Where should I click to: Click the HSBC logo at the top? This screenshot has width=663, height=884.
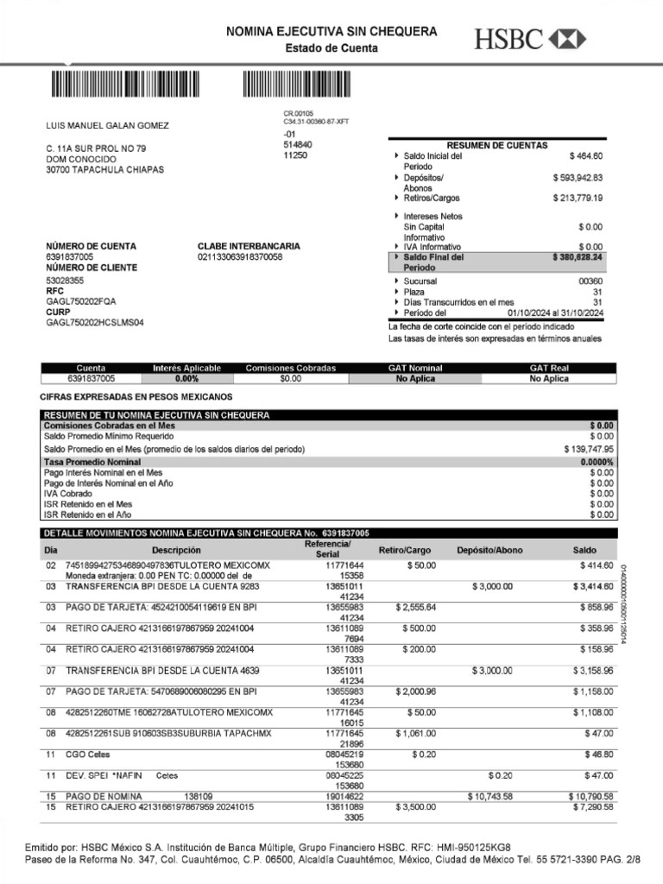529,38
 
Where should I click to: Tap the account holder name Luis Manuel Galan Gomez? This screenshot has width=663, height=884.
107,126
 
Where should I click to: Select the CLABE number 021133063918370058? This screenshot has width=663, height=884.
240,257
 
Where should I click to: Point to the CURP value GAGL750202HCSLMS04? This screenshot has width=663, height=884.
95,323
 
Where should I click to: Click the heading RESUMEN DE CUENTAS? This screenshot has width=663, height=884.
496,146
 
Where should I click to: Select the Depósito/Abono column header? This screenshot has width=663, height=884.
489,550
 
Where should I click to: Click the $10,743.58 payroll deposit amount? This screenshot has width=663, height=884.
489,796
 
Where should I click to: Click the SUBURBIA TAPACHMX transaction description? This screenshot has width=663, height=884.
168,733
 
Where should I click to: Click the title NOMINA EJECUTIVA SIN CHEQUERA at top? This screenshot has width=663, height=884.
331,32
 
